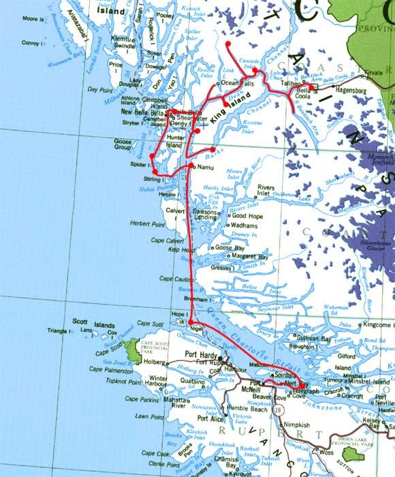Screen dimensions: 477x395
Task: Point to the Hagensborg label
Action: (x=352, y=89)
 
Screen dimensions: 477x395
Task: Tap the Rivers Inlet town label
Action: (x=266, y=190)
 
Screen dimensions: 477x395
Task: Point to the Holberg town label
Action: (x=153, y=363)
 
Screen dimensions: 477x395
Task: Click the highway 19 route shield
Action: (x=279, y=411)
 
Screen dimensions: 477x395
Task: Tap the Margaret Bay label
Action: (x=249, y=257)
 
